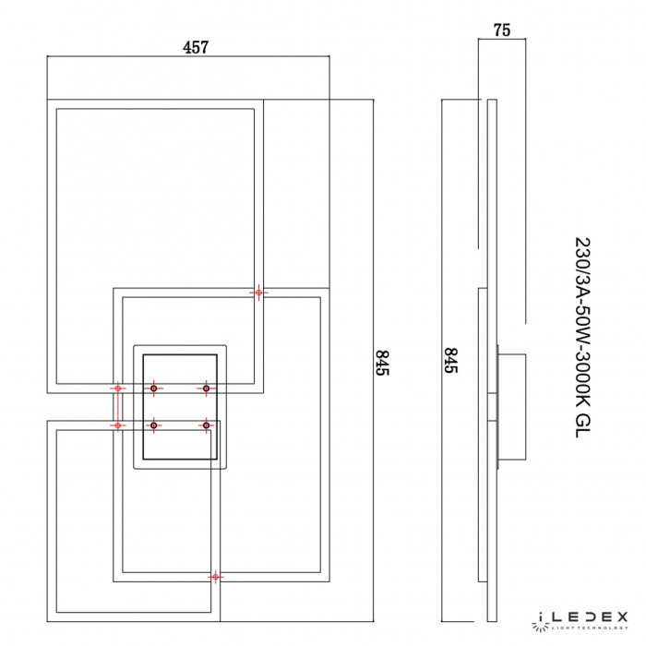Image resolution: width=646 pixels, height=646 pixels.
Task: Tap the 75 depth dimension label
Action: point(502,30)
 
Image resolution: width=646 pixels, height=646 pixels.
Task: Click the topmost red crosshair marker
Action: point(259,293)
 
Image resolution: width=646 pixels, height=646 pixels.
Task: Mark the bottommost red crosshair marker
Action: point(216,578)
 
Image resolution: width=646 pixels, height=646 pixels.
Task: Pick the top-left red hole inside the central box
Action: point(154,389)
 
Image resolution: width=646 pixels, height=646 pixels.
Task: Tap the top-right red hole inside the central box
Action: point(206,389)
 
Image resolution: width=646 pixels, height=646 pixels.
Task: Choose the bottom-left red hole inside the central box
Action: point(154,425)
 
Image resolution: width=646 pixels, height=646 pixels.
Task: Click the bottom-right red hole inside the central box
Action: point(206,425)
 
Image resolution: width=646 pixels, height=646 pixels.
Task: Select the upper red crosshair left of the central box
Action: point(118,389)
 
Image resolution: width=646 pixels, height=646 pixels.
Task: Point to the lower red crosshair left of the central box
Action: point(118,425)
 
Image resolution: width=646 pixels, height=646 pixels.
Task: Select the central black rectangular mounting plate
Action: point(181,408)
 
